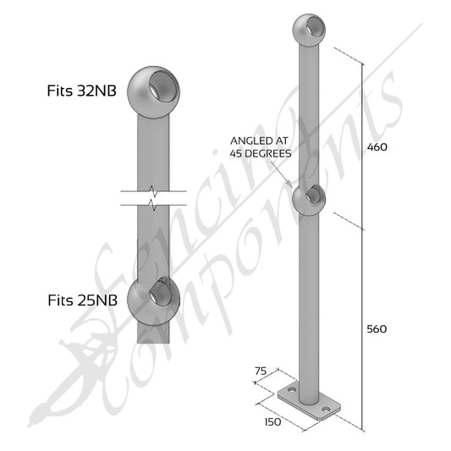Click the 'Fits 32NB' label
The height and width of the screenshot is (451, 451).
click(82, 91)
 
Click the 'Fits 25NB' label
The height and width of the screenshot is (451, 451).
click(83, 300)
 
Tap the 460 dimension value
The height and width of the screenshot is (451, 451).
click(377, 147)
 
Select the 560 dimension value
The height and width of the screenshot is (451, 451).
click(377, 329)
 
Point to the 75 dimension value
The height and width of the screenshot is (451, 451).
click(261, 371)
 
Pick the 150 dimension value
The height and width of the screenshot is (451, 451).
click(272, 422)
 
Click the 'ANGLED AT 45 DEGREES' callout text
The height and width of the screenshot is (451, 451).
click(261, 147)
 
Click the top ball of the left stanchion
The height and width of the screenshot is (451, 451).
click(153, 92)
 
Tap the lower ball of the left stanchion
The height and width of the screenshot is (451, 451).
click(153, 300)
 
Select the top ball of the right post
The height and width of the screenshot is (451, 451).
click(309, 30)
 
